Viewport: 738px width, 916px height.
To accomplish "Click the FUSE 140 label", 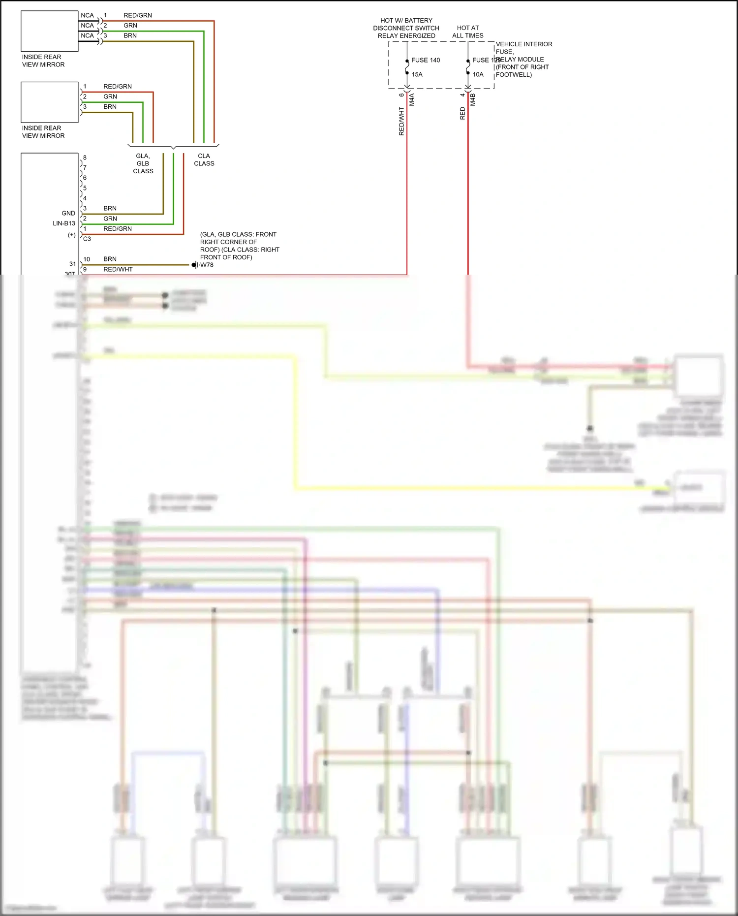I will (426, 60).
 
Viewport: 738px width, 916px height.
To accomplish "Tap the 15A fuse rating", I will (417, 74).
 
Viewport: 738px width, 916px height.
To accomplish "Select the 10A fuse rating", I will (478, 74).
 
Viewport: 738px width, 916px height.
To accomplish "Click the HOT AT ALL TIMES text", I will (467, 32).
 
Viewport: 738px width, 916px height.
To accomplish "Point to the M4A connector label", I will (412, 100).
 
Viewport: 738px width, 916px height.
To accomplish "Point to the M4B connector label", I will (473, 100).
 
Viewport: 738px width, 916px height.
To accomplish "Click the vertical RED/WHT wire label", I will (401, 121).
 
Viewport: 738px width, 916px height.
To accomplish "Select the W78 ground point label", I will (207, 265).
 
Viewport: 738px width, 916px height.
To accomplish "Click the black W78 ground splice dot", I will (194, 265).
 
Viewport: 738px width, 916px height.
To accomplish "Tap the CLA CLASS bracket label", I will (204, 159).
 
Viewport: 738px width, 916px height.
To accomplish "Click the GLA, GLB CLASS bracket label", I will (143, 163).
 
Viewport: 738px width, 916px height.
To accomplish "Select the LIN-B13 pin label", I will (64, 223).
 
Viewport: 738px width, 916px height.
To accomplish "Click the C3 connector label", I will (87, 239).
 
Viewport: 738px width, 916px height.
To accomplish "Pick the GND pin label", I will (68, 213).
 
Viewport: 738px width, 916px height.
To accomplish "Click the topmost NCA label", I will (87, 15).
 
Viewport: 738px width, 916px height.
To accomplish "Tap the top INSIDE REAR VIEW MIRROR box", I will (49, 31).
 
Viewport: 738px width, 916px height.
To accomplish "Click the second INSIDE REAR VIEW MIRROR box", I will (49, 102).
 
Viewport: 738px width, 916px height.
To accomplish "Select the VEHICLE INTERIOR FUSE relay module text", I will (523, 59).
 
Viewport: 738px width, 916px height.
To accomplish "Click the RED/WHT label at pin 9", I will (118, 269).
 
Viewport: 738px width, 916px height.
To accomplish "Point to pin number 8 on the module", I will (85, 158).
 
